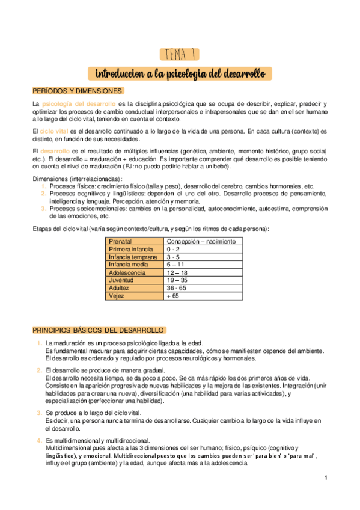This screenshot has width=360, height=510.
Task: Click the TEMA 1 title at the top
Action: (x=180, y=55)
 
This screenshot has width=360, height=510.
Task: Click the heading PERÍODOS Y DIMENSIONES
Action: (x=78, y=91)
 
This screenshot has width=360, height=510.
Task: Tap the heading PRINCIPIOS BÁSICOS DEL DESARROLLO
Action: (x=99, y=330)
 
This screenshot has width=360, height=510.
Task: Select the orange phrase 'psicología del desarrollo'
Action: (x=78, y=105)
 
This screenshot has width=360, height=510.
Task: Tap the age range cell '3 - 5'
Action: (x=174, y=257)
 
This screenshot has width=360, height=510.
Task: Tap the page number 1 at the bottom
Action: (x=325, y=478)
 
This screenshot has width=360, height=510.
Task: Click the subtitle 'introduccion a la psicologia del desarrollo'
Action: (x=180, y=73)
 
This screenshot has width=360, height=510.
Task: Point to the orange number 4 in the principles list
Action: (x=38, y=440)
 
